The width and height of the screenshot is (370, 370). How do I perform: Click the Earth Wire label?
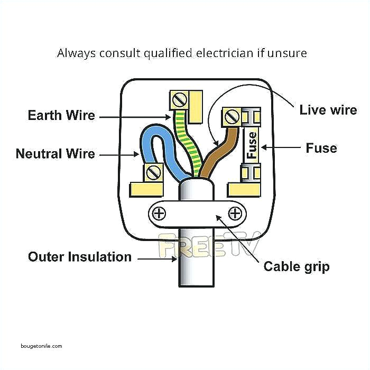point(61,116)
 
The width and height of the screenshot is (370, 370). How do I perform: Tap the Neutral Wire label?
point(55,154)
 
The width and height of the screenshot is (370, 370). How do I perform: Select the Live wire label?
point(328,110)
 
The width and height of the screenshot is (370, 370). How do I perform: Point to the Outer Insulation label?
point(79,257)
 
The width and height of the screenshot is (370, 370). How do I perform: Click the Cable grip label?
point(296,266)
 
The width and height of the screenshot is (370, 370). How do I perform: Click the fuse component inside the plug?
point(252,145)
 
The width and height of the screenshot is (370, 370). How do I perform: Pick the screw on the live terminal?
point(231,116)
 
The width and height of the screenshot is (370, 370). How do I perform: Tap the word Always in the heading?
point(74,53)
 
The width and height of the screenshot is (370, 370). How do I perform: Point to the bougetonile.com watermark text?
point(42,346)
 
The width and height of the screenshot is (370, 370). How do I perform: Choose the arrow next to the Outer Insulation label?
point(157,257)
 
